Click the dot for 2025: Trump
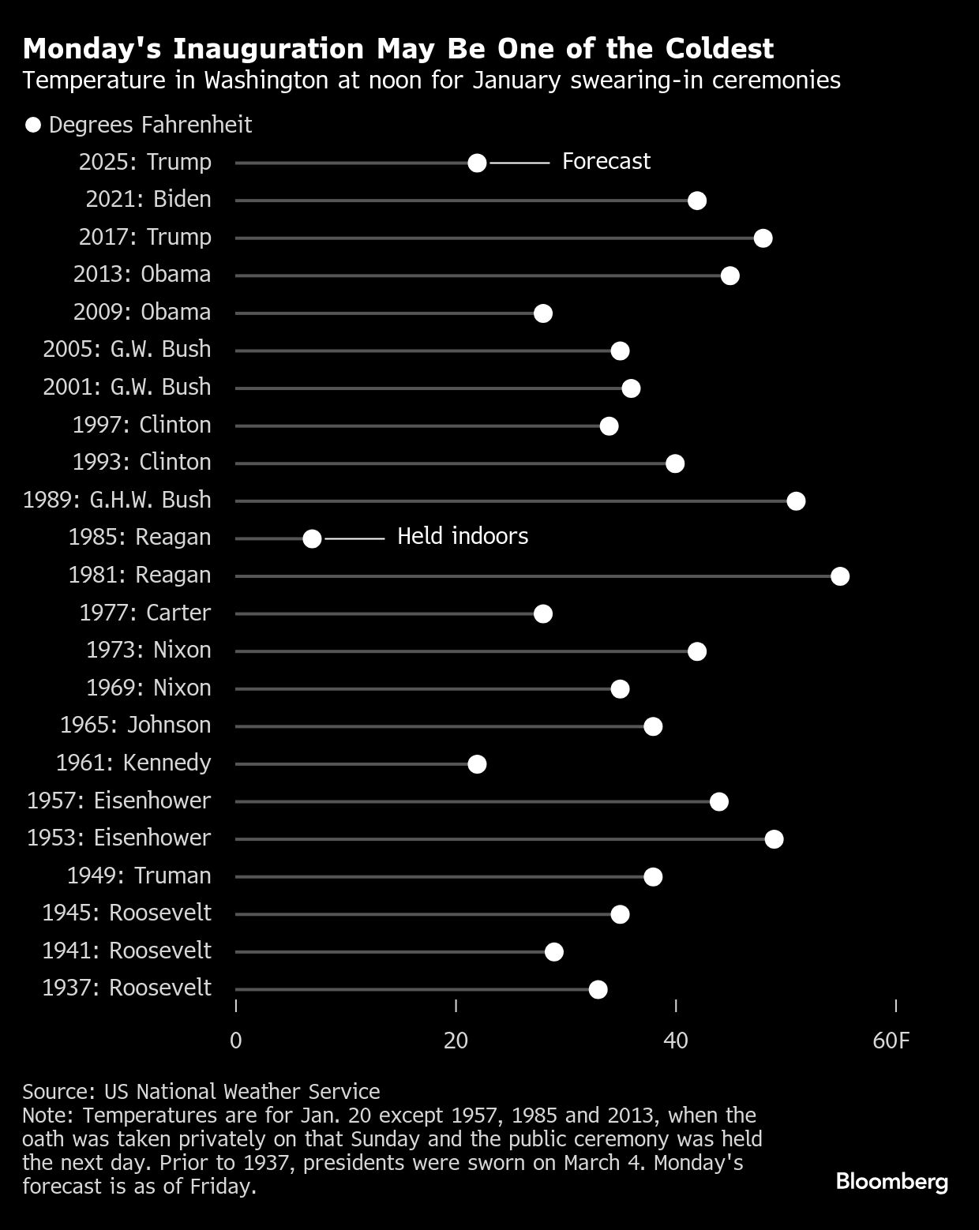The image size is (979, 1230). pyautogui.click(x=477, y=163)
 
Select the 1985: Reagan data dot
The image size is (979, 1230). pyautogui.click(x=312, y=538)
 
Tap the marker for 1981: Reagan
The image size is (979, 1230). pyautogui.click(x=840, y=576)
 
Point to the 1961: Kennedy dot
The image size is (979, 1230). pyautogui.click(x=477, y=764)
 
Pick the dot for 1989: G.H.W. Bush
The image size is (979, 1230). pyautogui.click(x=796, y=501)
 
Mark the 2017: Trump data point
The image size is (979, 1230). pyautogui.click(x=763, y=238)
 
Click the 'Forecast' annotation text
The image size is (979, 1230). pyautogui.click(x=606, y=162)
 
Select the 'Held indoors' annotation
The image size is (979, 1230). pyautogui.click(x=462, y=537)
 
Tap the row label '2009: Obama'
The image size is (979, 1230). pyautogui.click(x=142, y=313)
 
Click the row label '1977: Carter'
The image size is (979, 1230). pyautogui.click(x=145, y=613)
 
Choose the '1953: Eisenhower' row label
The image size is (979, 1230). pyautogui.click(x=119, y=838)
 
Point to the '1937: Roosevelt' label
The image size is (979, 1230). pyautogui.click(x=126, y=988)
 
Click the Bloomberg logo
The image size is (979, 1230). pyautogui.click(x=891, y=1182)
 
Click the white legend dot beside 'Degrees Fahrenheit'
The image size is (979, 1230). pyautogui.click(x=33, y=126)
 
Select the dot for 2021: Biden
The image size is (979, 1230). pyautogui.click(x=696, y=201)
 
